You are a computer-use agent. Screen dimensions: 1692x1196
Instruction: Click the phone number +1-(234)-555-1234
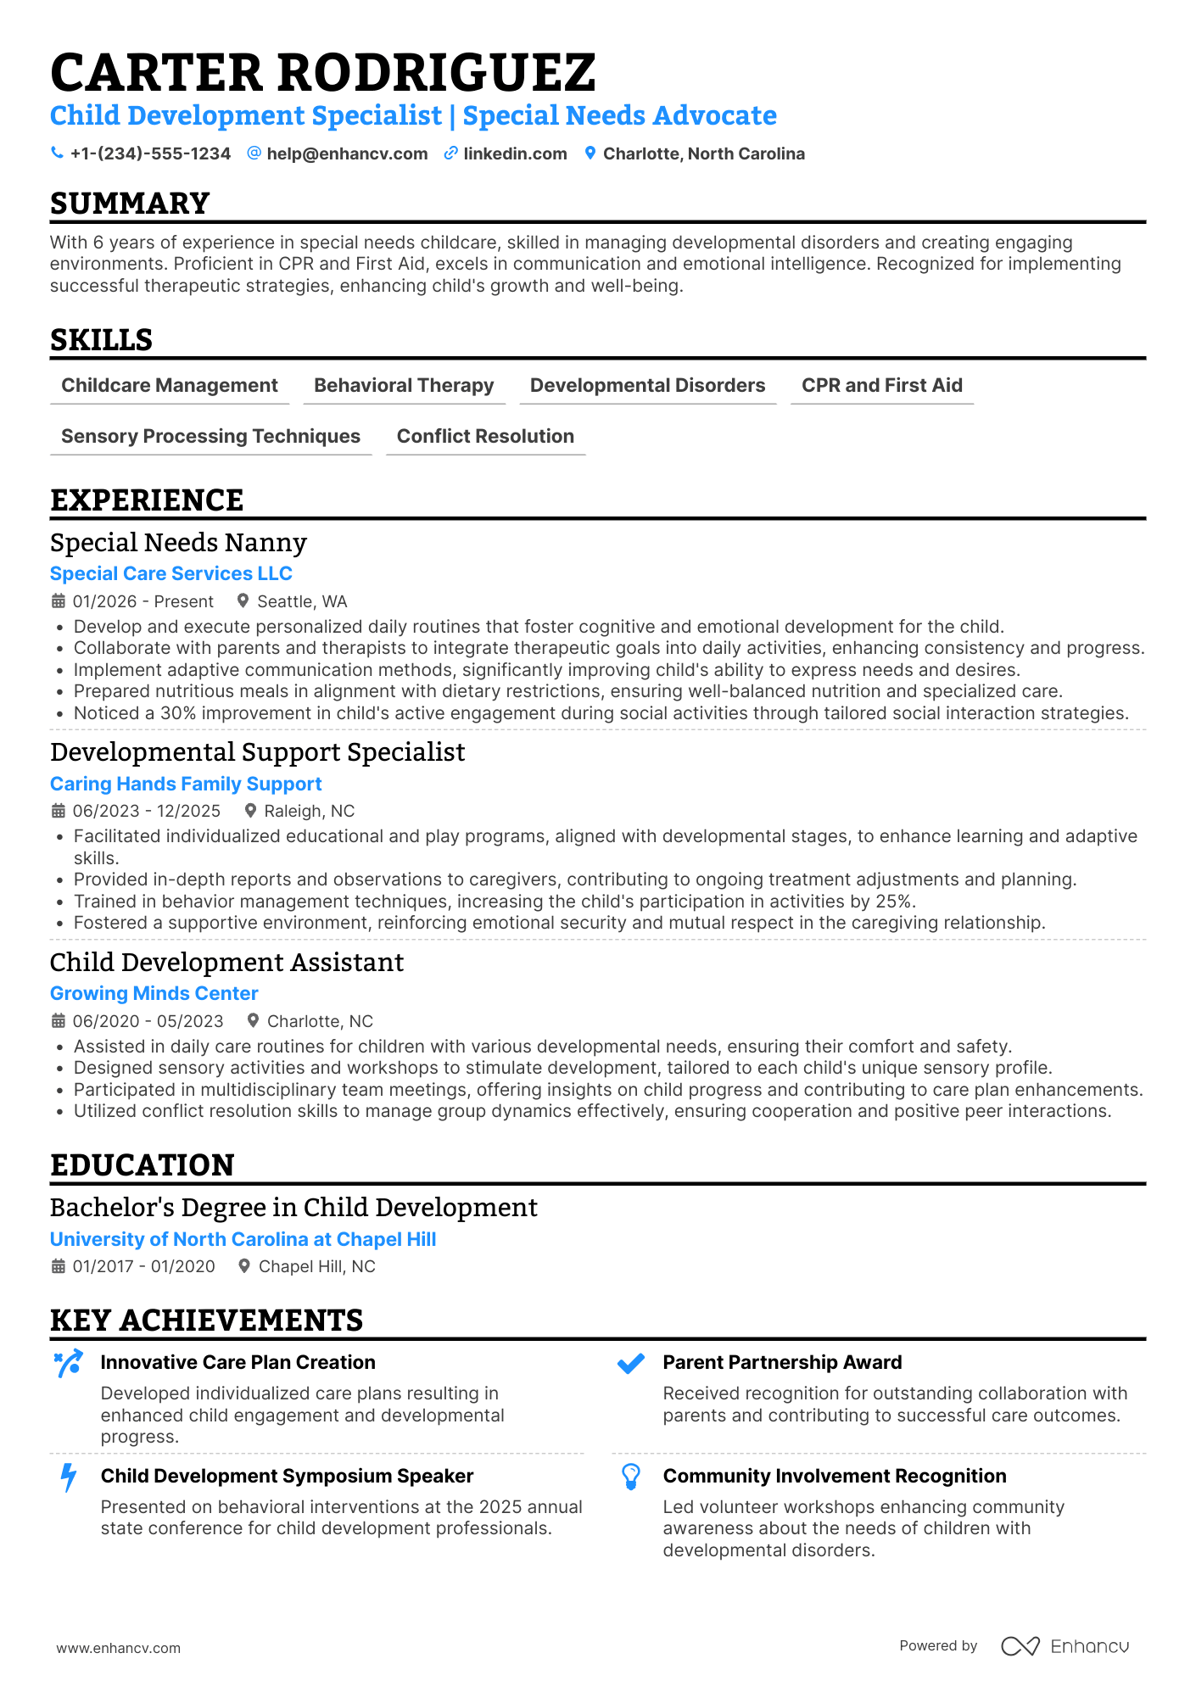pos(150,154)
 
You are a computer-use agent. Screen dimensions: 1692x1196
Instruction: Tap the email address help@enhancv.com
pos(347,154)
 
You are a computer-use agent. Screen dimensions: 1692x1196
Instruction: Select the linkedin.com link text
pos(515,154)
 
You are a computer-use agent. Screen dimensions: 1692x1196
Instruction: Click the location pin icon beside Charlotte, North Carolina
pos(590,154)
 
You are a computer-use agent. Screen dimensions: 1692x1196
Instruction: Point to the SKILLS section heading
pos(101,340)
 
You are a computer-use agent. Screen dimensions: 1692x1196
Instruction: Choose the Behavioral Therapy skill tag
pos(404,386)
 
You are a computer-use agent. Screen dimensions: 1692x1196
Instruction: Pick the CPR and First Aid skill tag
pos(881,386)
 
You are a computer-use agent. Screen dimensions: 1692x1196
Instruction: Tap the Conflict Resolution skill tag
pos(485,437)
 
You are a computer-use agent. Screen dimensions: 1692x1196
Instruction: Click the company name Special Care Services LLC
pos(170,574)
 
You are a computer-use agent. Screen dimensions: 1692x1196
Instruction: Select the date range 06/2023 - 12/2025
pos(146,812)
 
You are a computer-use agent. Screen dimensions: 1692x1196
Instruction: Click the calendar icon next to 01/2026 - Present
pos(59,601)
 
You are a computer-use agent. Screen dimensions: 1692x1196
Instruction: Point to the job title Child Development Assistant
pos(226,963)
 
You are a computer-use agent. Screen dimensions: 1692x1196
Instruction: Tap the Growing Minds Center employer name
pos(154,994)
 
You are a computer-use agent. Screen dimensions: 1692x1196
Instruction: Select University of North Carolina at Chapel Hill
pos(243,1240)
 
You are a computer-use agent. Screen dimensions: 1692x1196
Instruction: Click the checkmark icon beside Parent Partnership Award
pos(630,1364)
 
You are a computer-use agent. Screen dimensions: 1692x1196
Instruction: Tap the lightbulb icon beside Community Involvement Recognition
pos(630,1477)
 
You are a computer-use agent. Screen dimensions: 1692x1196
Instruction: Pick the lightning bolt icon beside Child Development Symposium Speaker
pos(68,1477)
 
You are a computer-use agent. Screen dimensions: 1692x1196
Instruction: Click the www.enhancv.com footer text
pos(118,1648)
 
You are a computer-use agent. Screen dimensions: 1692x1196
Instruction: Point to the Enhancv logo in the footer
pos(1065,1646)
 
